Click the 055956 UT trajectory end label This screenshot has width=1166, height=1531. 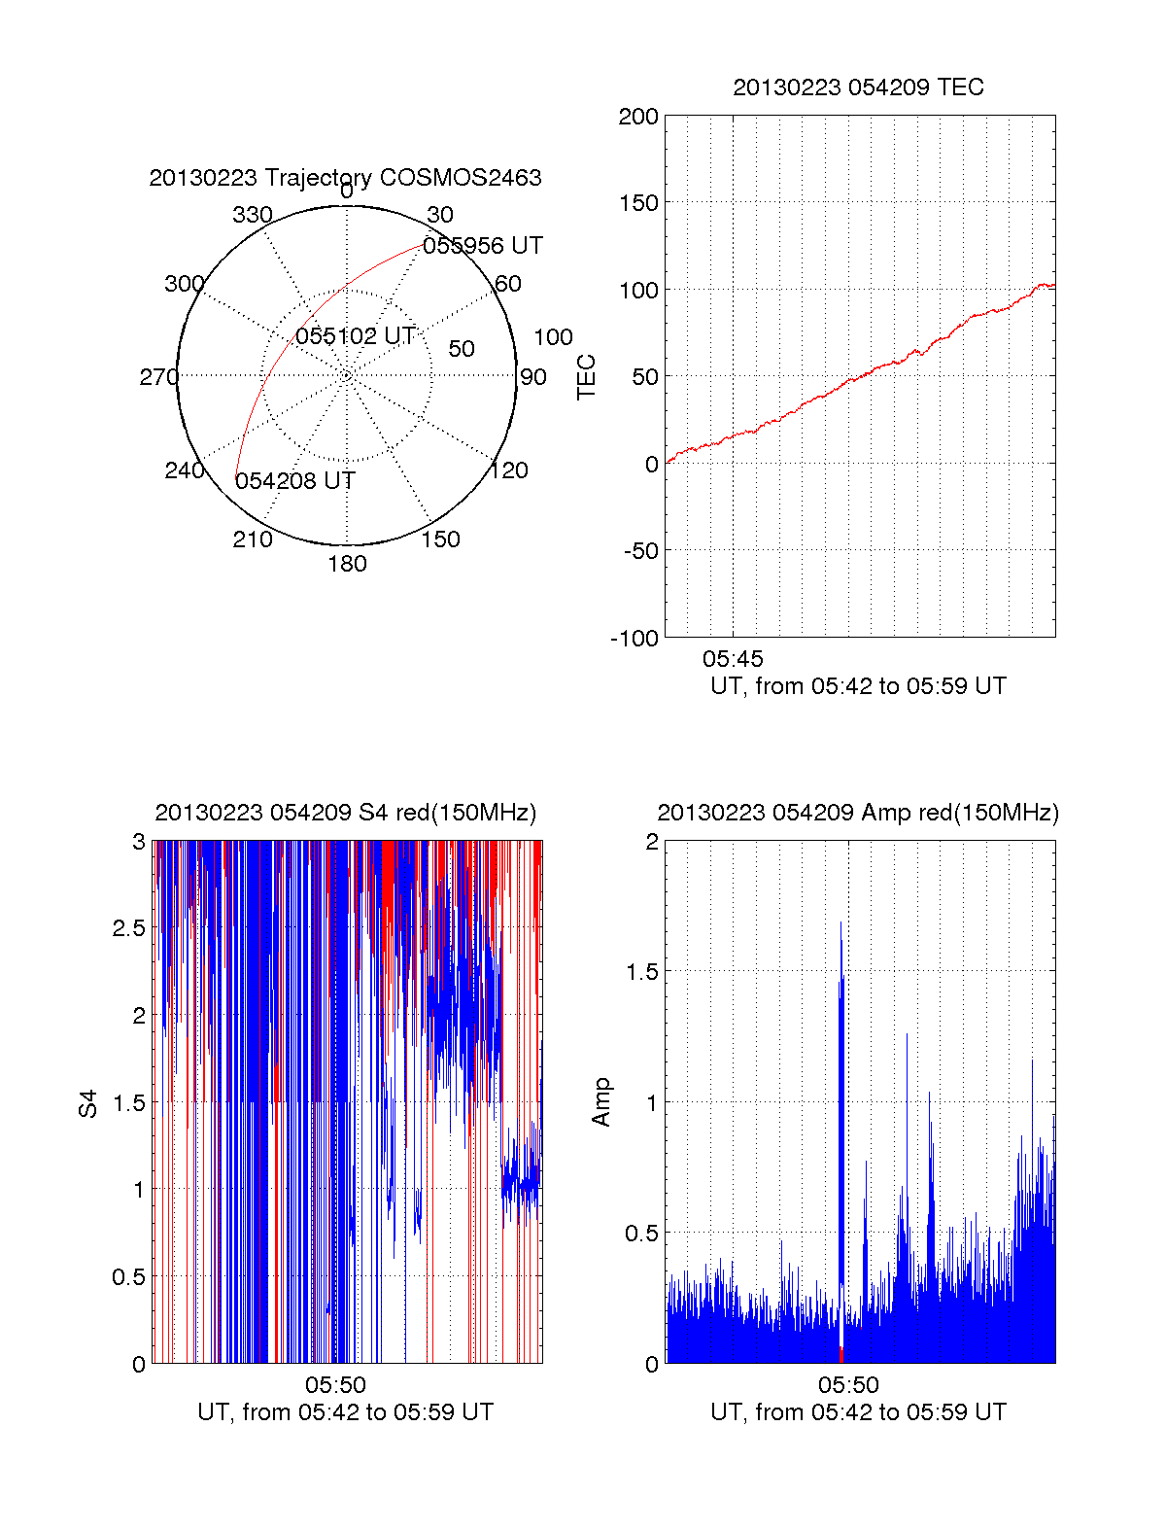click(x=482, y=246)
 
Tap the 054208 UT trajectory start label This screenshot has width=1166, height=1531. click(x=295, y=481)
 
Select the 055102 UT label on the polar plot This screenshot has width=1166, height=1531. click(x=356, y=336)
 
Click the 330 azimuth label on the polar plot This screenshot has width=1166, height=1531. click(x=252, y=215)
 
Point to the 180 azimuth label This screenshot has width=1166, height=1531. click(x=347, y=564)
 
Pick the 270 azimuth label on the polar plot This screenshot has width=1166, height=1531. click(x=158, y=377)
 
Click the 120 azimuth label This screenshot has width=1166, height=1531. click(x=509, y=470)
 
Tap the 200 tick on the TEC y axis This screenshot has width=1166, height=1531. click(x=638, y=117)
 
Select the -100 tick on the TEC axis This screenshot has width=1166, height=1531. click(x=634, y=639)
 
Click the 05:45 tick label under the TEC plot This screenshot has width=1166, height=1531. click(x=733, y=659)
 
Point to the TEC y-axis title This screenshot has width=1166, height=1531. click(x=587, y=377)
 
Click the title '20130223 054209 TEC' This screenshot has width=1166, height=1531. click(x=858, y=87)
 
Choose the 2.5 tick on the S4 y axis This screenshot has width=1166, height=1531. click(x=129, y=928)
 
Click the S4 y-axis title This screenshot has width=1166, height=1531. click(x=88, y=1103)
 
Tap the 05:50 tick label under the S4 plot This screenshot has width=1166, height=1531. click(x=335, y=1385)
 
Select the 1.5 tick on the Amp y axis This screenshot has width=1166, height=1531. click(x=641, y=972)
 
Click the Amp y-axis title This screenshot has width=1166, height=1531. click(x=601, y=1102)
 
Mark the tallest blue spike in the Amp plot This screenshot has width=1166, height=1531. click(x=841, y=923)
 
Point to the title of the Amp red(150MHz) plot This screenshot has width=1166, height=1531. click(x=858, y=813)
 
